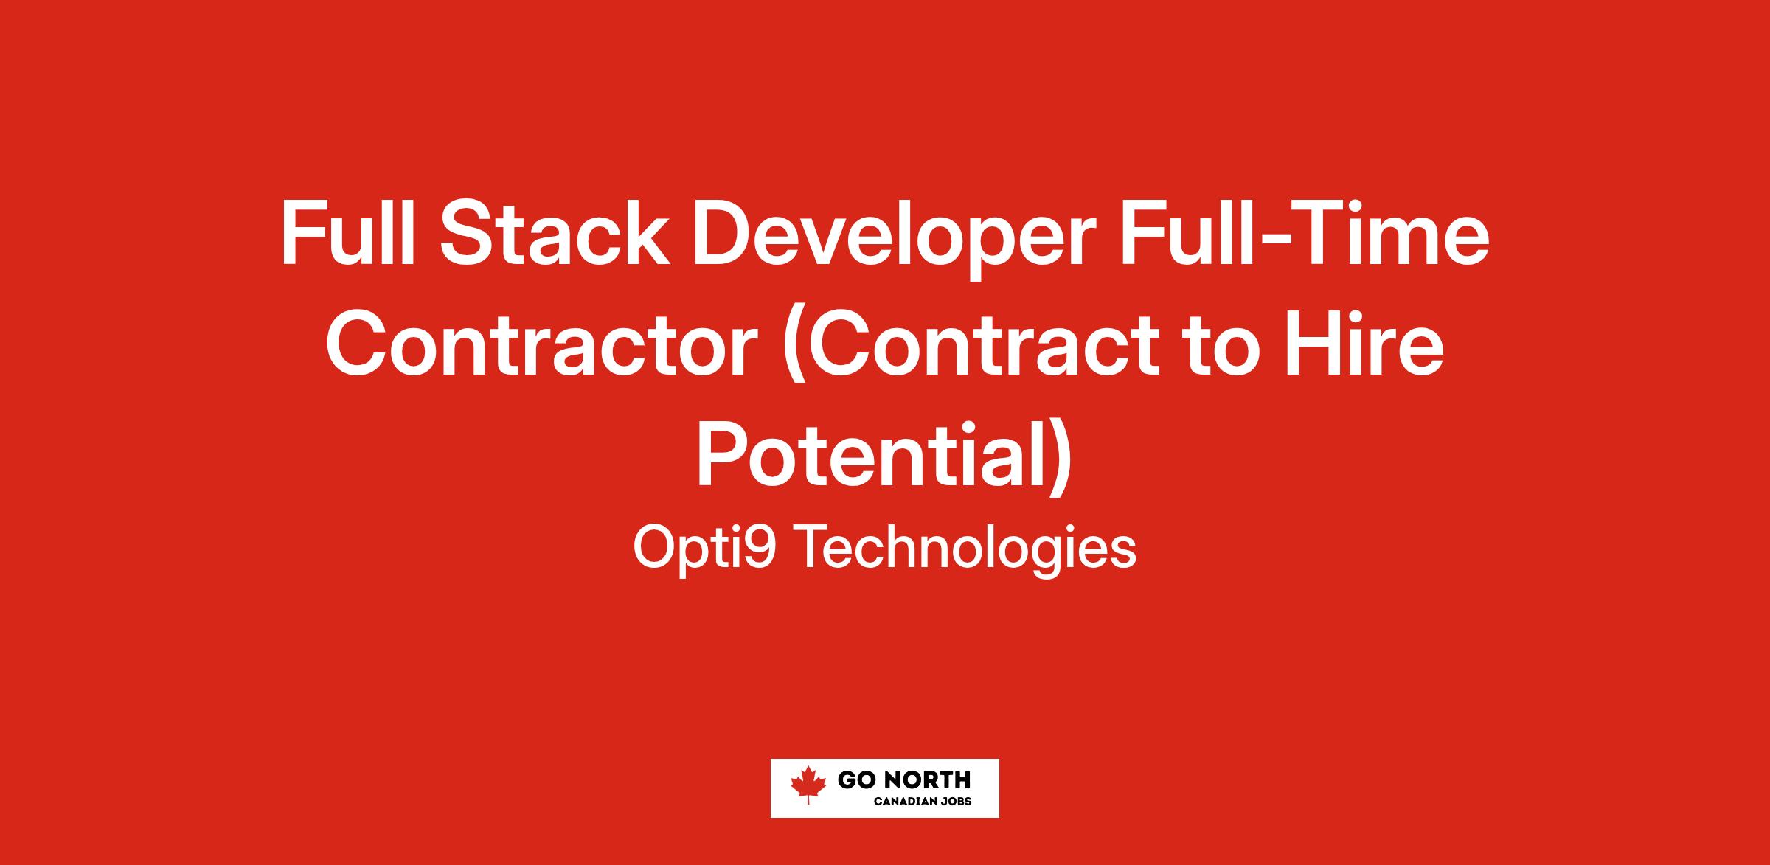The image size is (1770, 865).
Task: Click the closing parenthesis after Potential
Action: (1059, 463)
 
